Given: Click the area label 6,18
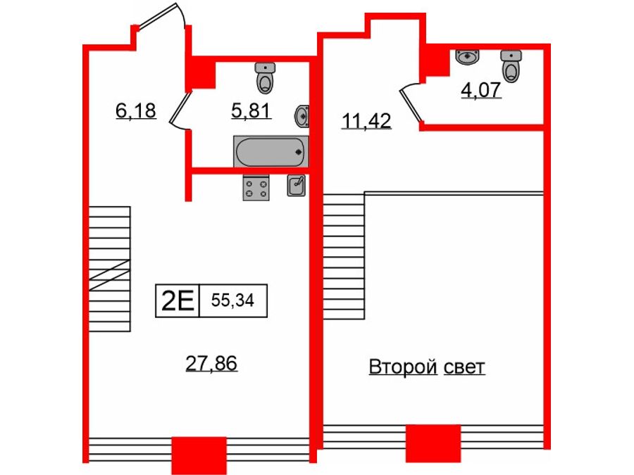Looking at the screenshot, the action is click(135, 110).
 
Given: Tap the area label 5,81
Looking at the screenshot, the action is click(251, 110).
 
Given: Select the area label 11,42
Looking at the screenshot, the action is click(366, 121).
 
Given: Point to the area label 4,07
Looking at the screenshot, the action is click(481, 90).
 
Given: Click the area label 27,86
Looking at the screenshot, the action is click(211, 363).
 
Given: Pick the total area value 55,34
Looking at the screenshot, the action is click(232, 300).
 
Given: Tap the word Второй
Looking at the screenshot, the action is click(403, 367).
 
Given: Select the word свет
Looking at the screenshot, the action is click(464, 367).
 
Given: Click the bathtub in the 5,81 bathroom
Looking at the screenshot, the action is click(271, 151).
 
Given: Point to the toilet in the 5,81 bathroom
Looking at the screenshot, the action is click(265, 78).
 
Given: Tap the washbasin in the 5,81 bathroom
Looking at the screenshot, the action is click(302, 116).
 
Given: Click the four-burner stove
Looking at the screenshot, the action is click(256, 188).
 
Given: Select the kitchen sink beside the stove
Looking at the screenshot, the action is click(297, 185).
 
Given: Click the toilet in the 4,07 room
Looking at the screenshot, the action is click(511, 66).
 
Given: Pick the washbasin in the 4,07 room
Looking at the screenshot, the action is click(468, 56).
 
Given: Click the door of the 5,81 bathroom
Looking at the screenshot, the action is click(178, 110).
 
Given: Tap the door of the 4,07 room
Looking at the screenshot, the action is click(411, 102).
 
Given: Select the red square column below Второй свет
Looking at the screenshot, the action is click(433, 443).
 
